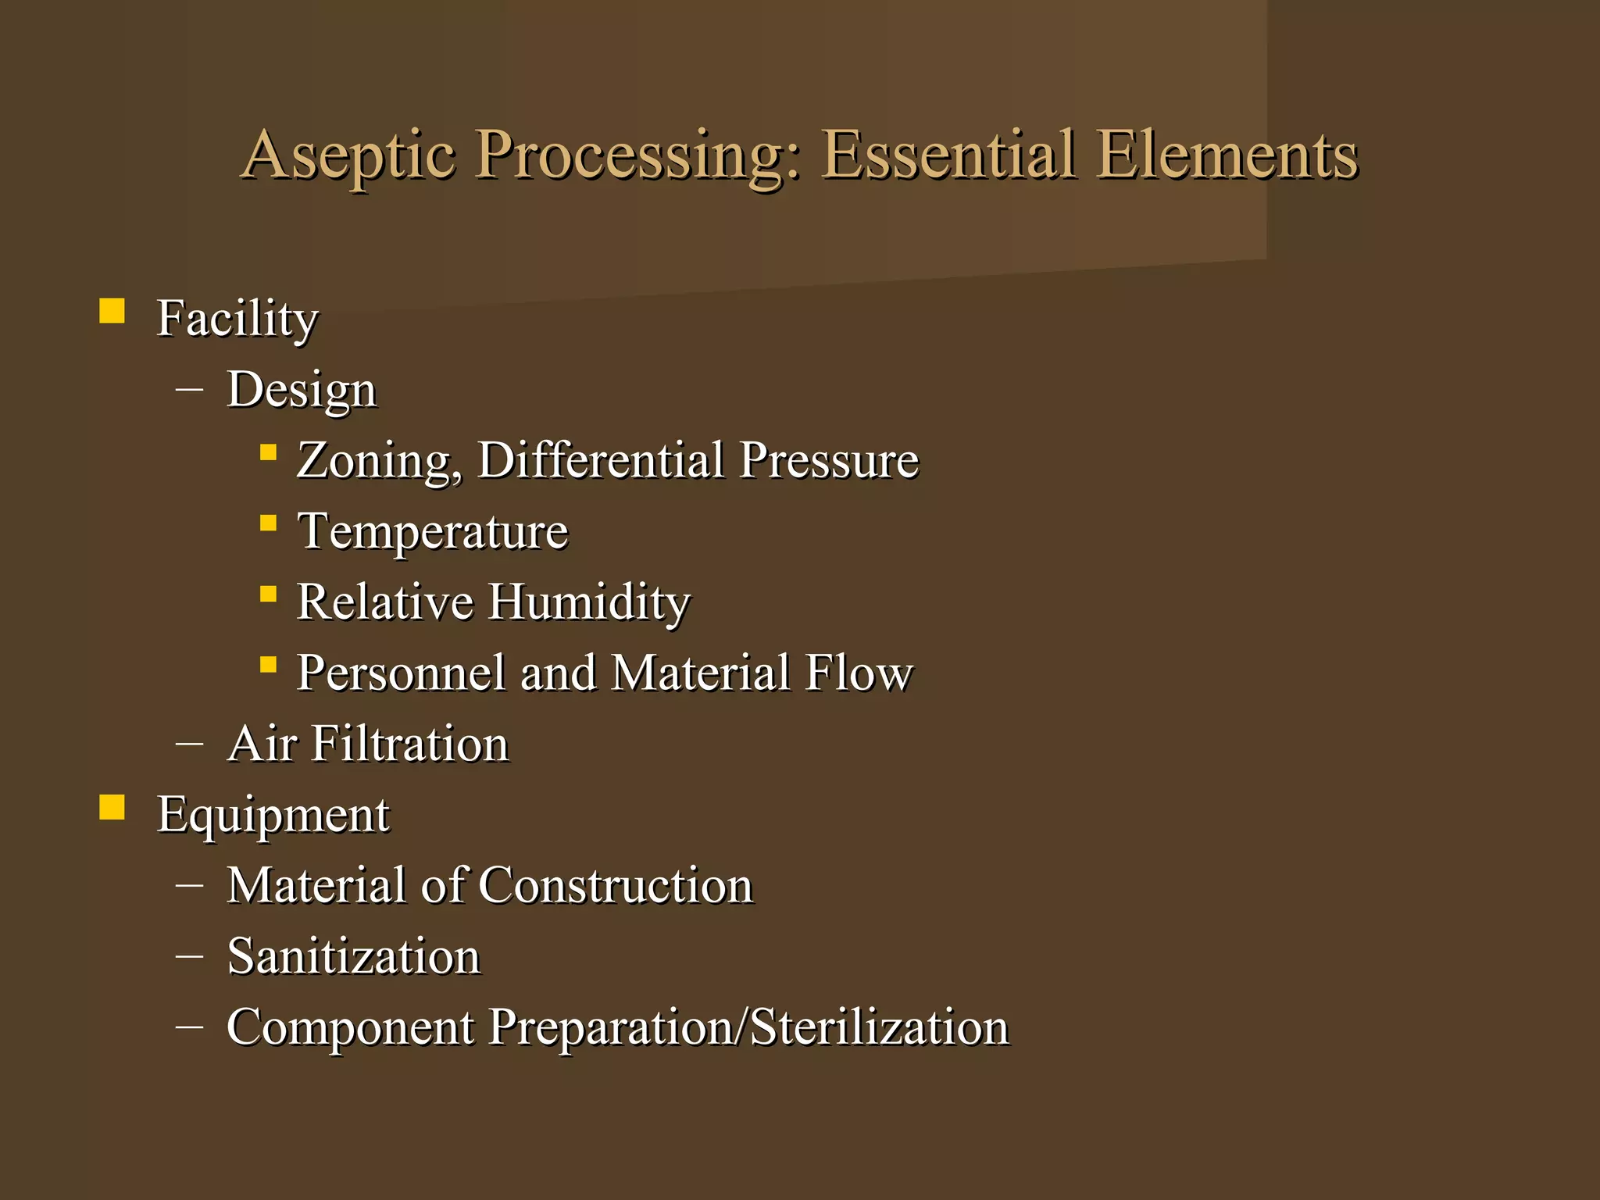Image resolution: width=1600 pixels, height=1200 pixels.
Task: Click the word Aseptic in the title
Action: tap(348, 155)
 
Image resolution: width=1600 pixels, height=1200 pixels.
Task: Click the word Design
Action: tap(302, 389)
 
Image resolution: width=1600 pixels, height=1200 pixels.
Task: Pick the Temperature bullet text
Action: tap(433, 531)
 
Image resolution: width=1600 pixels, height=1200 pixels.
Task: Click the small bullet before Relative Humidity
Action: tap(268, 595)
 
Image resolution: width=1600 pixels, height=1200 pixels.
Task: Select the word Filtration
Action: tap(410, 743)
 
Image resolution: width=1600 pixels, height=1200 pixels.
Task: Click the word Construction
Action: tap(616, 885)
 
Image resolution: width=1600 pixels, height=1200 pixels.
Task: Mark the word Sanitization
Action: tap(353, 956)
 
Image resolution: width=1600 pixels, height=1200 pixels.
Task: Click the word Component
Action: tap(350, 1027)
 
